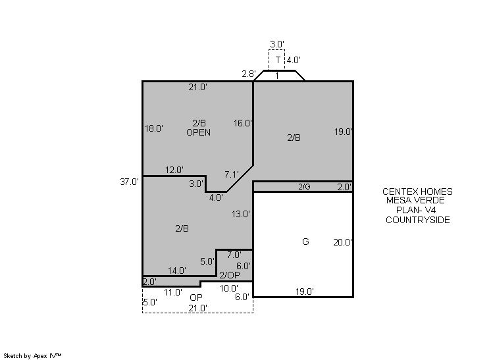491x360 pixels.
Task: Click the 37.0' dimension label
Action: pos(129,182)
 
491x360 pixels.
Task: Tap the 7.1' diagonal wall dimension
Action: pos(232,174)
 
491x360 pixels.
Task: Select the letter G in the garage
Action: pos(305,242)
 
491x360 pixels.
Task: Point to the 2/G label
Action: pos(304,187)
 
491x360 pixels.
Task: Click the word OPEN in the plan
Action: pos(199,132)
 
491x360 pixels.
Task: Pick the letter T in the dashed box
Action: pos(278,59)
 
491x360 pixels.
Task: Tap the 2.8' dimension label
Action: pos(249,74)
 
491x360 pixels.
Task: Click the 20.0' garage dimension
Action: pos(342,242)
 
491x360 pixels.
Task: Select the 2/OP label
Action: pos(230,275)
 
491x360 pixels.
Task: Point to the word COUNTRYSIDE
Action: pos(418,220)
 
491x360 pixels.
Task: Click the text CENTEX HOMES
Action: pos(417,192)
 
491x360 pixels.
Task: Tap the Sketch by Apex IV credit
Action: pos(32,356)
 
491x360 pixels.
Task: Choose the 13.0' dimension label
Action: pos(241,214)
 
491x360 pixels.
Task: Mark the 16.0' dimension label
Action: pos(243,123)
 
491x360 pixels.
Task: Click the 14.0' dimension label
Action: pos(177,270)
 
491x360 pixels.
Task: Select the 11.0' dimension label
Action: pos(173,292)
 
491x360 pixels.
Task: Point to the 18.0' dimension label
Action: pos(154,128)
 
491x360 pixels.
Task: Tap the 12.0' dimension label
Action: pos(174,170)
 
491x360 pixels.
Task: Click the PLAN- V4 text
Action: pos(416,210)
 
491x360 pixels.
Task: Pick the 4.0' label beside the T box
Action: pos(294,60)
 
